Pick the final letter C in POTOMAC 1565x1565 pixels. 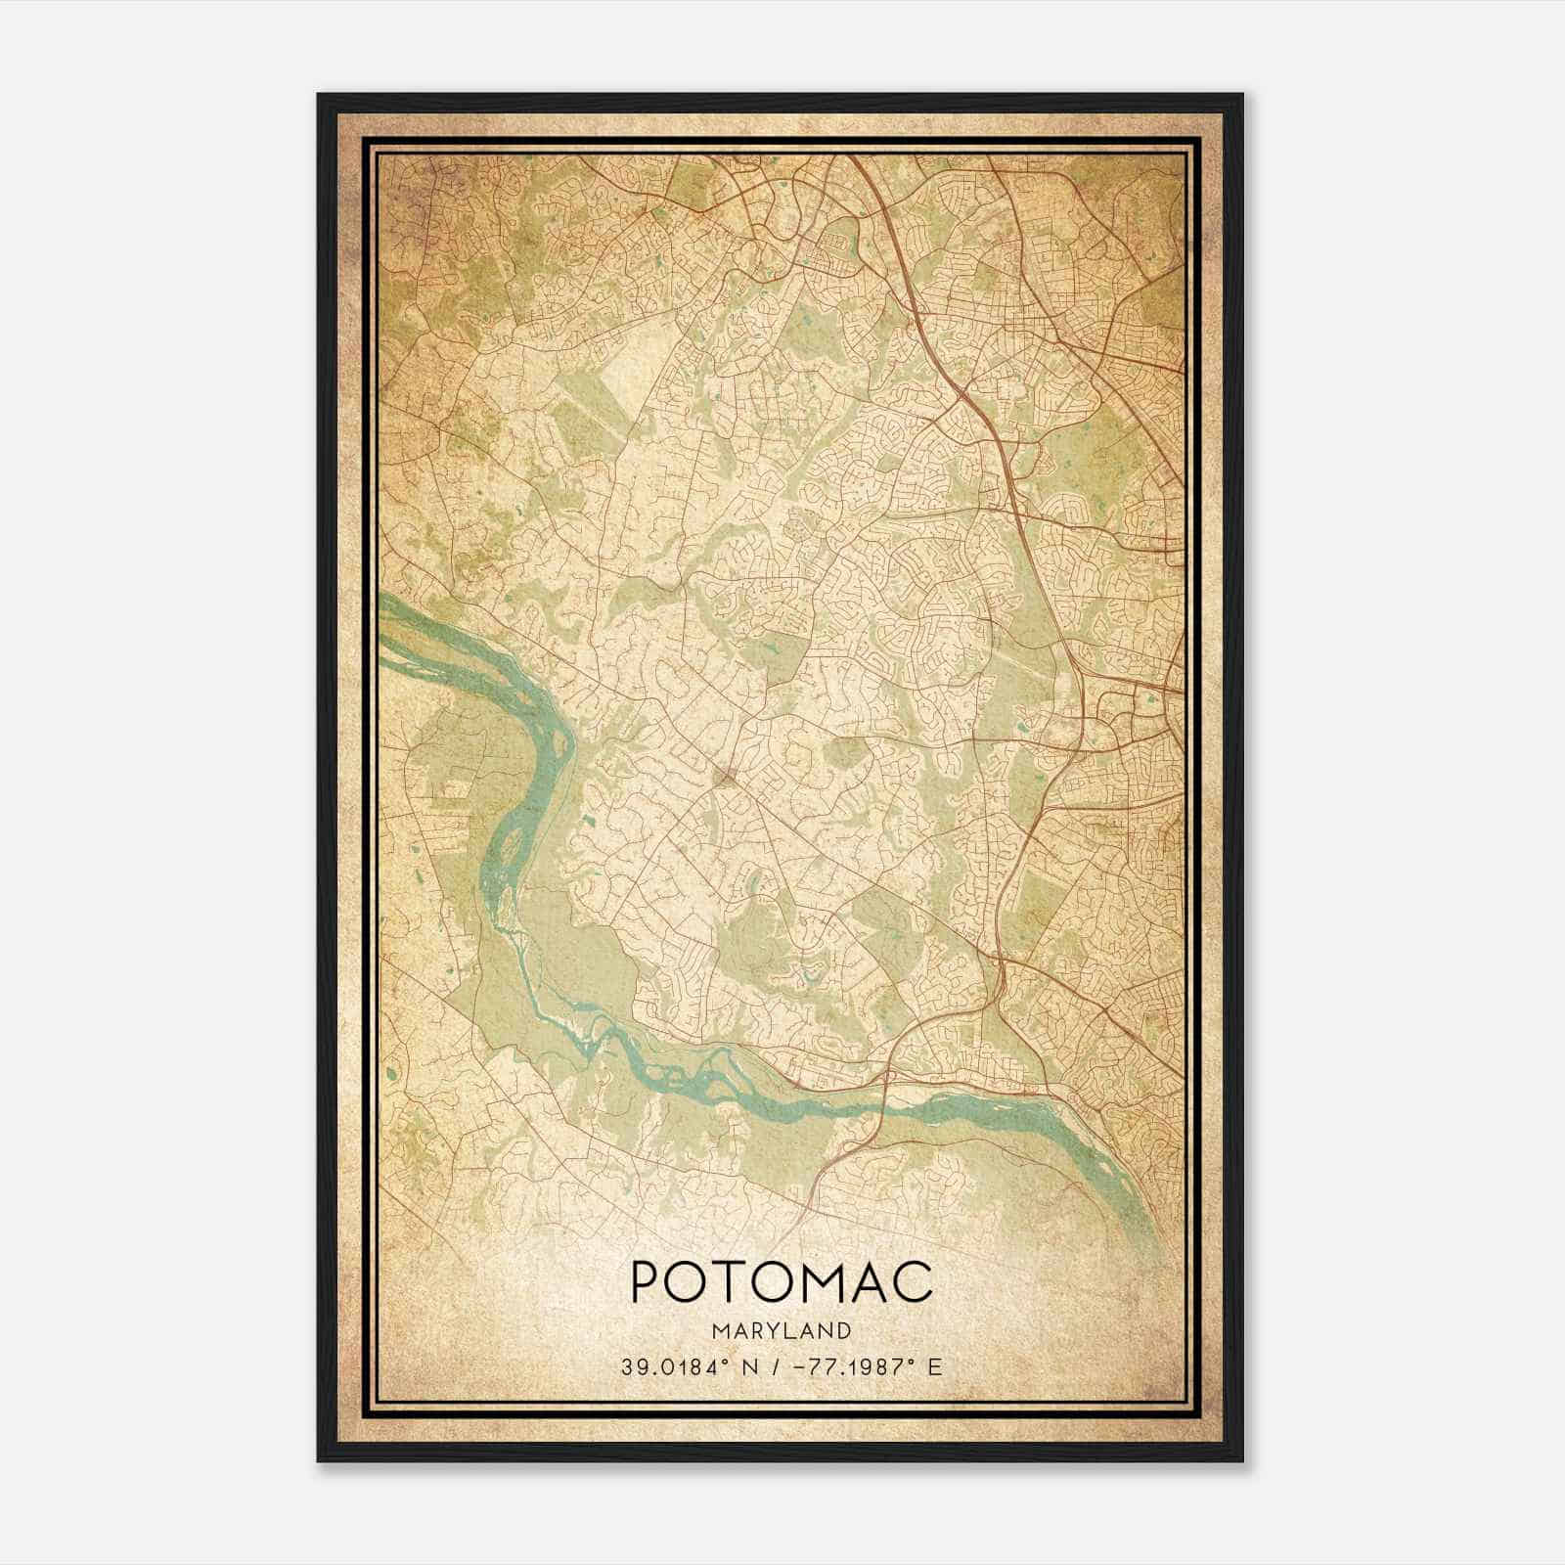tap(915, 1280)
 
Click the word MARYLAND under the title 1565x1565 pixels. tap(782, 1330)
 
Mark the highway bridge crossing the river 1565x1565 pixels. tap(885, 1097)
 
